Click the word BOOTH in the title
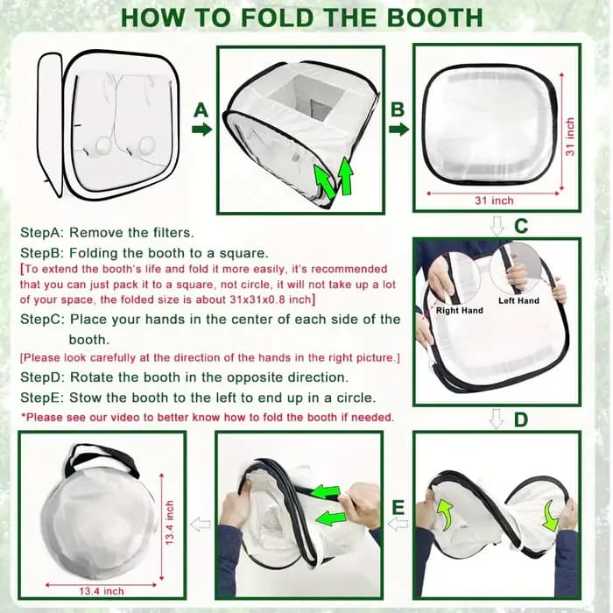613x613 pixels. point(434,18)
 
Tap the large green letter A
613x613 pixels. point(201,110)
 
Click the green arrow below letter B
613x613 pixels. point(399,130)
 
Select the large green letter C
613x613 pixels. point(521,226)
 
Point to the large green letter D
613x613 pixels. point(521,419)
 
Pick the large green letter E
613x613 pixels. point(398,507)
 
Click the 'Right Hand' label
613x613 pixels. point(460,310)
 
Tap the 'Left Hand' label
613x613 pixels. point(518,300)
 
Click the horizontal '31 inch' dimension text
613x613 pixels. point(494,201)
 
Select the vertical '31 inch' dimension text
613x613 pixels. point(570,137)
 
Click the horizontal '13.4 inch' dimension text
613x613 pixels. point(102,591)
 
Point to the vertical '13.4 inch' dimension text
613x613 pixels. point(169,523)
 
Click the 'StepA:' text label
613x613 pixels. point(42,233)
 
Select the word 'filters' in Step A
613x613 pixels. point(172,233)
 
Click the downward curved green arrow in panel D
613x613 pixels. point(551,515)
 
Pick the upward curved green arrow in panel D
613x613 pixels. point(445,515)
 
